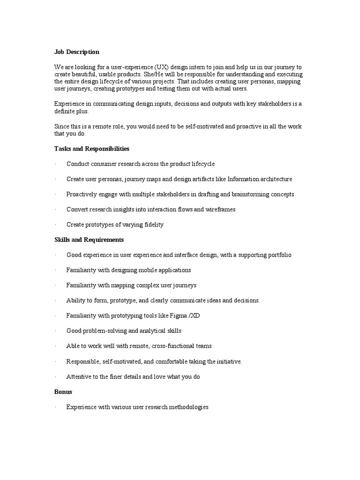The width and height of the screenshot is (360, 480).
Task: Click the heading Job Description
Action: [x=77, y=52]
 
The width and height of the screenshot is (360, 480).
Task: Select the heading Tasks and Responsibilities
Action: [x=92, y=149]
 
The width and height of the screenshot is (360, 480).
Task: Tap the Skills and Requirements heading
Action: [x=89, y=240]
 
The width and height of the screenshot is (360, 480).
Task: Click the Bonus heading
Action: [x=63, y=391]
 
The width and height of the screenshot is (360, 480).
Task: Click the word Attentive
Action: [x=79, y=376]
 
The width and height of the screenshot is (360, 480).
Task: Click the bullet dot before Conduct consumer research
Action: [x=55, y=164]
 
